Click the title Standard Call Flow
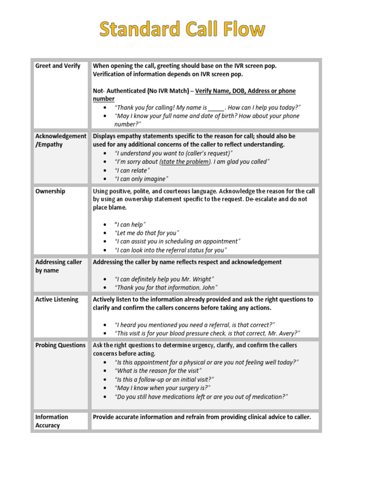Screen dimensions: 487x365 coord(182,30)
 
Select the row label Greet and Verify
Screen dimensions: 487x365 coord(58,66)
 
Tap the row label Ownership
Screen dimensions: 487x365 coord(50,191)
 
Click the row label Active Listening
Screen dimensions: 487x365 coord(57,300)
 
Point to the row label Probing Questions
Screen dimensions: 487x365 coord(60,345)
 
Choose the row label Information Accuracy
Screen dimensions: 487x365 coord(52,421)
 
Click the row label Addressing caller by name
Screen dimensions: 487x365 coord(58,266)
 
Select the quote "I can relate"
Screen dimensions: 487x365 coord(132,170)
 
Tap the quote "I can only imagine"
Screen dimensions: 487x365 coord(142,179)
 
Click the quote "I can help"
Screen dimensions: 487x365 coord(130,224)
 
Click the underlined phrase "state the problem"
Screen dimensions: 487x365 coord(185,162)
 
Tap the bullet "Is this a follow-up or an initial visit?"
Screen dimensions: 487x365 coord(164,379)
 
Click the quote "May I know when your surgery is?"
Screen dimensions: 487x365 coord(163,388)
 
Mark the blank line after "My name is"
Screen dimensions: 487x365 coord(216,107)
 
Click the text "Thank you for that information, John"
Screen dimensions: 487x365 coord(166,287)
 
